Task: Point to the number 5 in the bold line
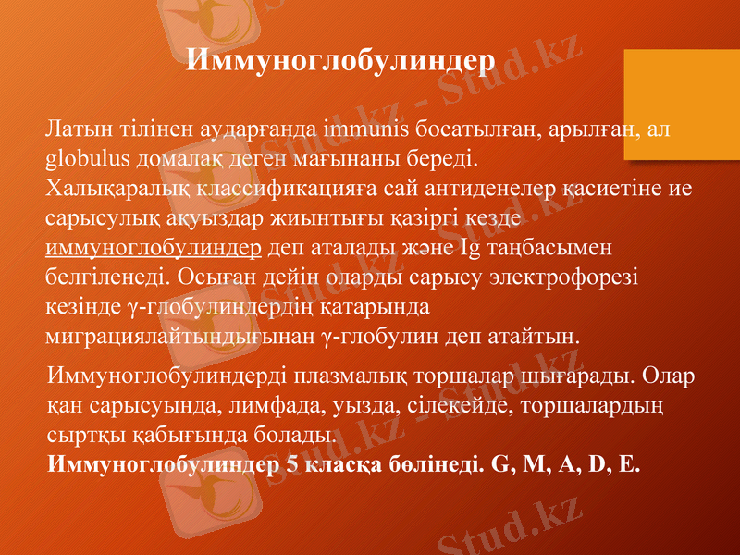[x=291, y=462]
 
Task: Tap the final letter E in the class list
[x=629, y=462]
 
